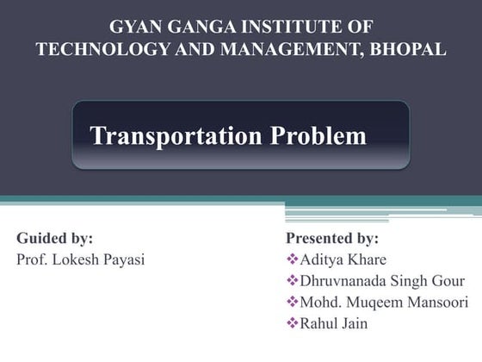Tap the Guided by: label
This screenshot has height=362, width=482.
click(x=55, y=238)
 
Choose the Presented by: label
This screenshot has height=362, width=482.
click(x=331, y=238)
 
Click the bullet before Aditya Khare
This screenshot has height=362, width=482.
click(x=291, y=259)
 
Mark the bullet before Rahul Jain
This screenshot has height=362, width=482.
click(x=291, y=324)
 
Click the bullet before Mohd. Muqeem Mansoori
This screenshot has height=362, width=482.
click(x=291, y=303)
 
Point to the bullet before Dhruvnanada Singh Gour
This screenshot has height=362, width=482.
click(x=291, y=281)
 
